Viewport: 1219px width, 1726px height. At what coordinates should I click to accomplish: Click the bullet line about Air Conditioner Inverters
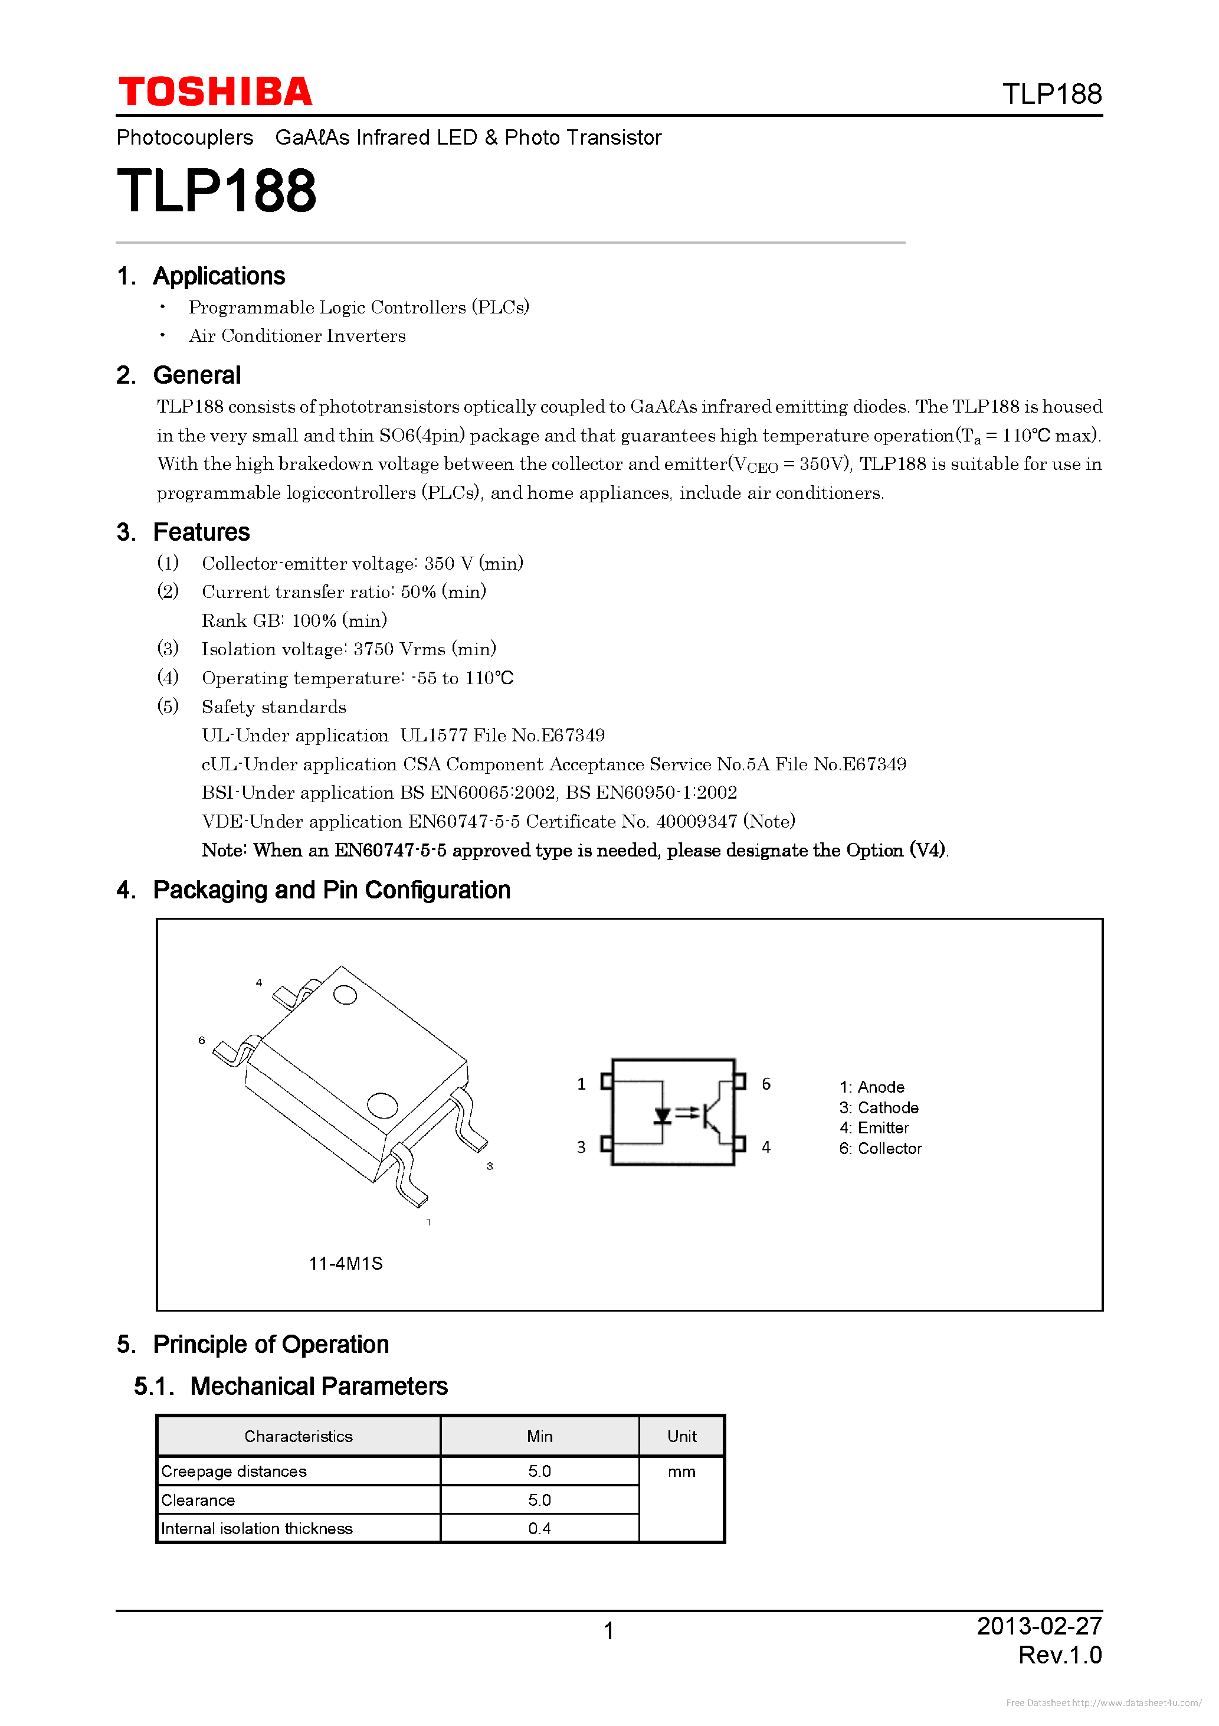point(297,336)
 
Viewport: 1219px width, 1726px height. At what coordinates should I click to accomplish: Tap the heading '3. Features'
point(183,532)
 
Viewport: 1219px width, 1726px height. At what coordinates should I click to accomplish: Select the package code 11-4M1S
point(346,1264)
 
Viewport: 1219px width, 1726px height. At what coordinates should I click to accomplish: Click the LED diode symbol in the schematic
point(662,1116)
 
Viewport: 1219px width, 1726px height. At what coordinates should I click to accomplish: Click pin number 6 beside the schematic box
point(766,1084)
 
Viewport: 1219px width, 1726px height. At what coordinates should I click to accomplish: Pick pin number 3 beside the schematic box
point(581,1147)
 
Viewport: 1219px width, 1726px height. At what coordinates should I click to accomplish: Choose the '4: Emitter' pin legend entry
point(874,1127)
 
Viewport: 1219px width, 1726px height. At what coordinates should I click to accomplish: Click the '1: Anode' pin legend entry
point(872,1087)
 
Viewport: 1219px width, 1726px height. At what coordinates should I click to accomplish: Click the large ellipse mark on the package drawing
point(382,1105)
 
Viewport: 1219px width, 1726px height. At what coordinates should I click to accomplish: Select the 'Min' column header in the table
point(540,1437)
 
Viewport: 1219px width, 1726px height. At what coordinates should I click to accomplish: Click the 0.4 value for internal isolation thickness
point(540,1528)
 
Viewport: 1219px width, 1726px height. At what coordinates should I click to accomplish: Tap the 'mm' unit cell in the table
point(681,1472)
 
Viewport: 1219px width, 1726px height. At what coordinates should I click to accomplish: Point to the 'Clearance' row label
point(198,1500)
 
